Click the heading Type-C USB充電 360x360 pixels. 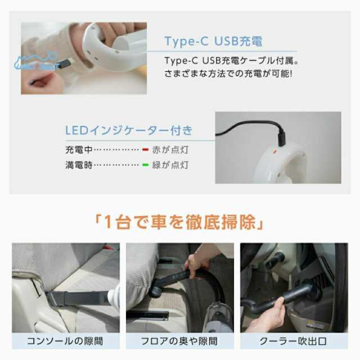tap(213, 41)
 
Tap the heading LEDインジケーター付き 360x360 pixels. tap(129, 130)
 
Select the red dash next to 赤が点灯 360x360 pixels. tap(145, 150)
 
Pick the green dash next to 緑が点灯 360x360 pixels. tap(145, 165)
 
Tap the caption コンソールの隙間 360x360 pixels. tap(66, 341)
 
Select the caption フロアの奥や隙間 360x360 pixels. tap(179, 341)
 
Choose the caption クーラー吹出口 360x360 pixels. tap(294, 341)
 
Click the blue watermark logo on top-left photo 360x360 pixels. tap(35, 62)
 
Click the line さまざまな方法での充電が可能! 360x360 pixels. tap(228, 74)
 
